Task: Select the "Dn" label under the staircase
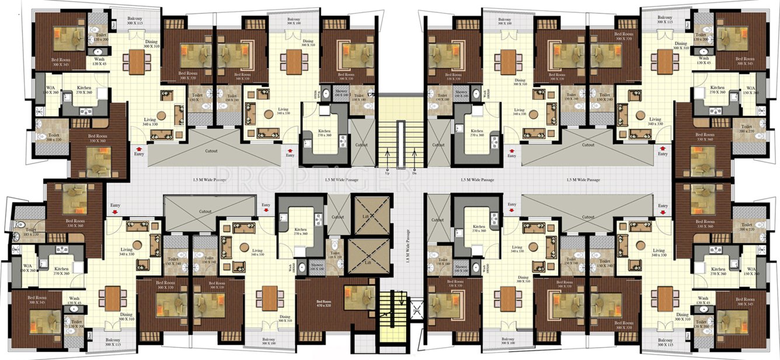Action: tap(414, 173)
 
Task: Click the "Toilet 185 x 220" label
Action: tap(31, 232)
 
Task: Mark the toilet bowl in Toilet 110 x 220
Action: tap(335, 241)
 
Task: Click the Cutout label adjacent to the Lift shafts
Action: tap(338, 216)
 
